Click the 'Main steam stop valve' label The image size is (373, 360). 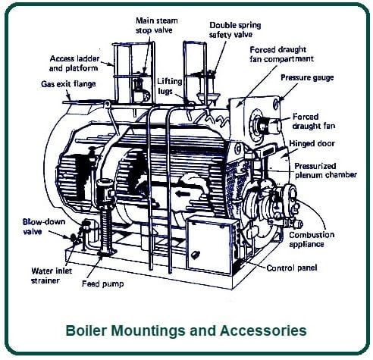click(157, 25)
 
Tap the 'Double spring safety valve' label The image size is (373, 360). click(235, 30)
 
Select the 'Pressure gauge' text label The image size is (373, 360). click(307, 77)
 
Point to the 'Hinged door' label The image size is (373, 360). click(312, 143)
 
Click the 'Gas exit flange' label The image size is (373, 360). click(68, 84)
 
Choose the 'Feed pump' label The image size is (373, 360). click(103, 283)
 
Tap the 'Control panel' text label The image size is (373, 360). click(292, 268)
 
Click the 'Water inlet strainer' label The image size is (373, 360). click(52, 276)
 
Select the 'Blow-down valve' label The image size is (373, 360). click(44, 227)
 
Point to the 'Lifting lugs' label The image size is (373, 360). click(169, 86)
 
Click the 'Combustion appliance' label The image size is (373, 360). click(312, 239)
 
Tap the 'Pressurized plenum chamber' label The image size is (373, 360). click(325, 171)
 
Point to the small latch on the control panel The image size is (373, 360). click(196, 255)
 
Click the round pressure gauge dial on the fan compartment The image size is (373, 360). click(276, 104)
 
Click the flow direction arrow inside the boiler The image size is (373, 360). click(183, 194)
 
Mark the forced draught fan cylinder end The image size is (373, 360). click(277, 125)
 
